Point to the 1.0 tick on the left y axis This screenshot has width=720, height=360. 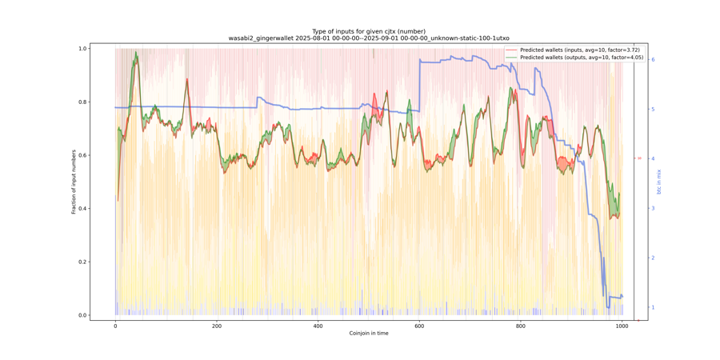click(x=82, y=49)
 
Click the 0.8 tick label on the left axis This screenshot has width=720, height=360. click(x=82, y=102)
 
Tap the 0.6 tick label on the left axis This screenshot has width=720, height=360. click(x=82, y=155)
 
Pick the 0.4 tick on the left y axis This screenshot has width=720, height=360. click(x=82, y=209)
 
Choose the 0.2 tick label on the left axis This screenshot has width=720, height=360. click(x=82, y=262)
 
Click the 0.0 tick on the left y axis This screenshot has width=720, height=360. click(x=82, y=315)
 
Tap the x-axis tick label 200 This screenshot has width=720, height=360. click(x=217, y=326)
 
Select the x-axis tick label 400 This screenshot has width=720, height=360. click(x=318, y=326)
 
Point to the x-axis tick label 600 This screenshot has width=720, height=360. click(x=419, y=326)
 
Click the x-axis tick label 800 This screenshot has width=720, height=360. click(x=521, y=326)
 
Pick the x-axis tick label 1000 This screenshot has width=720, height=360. click(x=622, y=326)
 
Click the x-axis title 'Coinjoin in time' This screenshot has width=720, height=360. click(x=369, y=334)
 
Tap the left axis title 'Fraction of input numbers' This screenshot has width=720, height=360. click(x=74, y=182)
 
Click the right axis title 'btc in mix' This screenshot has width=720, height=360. click(x=660, y=182)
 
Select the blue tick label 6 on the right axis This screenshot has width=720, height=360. click(x=653, y=59)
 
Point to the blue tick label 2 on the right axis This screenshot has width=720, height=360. click(x=653, y=258)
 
